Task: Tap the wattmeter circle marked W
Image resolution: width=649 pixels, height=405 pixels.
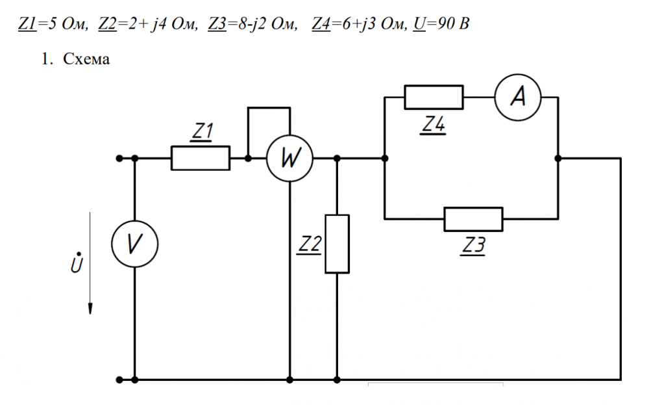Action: click(289, 158)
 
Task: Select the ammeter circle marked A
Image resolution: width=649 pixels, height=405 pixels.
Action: click(517, 98)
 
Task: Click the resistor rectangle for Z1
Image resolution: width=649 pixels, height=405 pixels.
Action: click(200, 158)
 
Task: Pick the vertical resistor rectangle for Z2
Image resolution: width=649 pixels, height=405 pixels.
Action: click(337, 243)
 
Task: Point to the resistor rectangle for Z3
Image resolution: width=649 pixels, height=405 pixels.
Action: click(473, 219)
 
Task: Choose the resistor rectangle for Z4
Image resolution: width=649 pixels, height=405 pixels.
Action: click(434, 98)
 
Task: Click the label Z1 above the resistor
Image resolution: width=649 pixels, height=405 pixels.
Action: click(203, 132)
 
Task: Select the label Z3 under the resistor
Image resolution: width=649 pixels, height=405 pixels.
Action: click(474, 245)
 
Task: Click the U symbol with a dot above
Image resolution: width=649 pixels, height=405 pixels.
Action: click(77, 263)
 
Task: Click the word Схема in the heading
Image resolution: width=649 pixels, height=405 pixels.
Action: click(86, 59)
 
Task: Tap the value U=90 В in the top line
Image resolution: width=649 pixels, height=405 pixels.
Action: click(441, 25)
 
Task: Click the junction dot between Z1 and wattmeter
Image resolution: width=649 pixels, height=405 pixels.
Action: click(248, 158)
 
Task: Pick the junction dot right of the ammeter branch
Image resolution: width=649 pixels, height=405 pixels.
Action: click(558, 158)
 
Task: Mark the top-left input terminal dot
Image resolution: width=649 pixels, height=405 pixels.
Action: click(119, 158)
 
